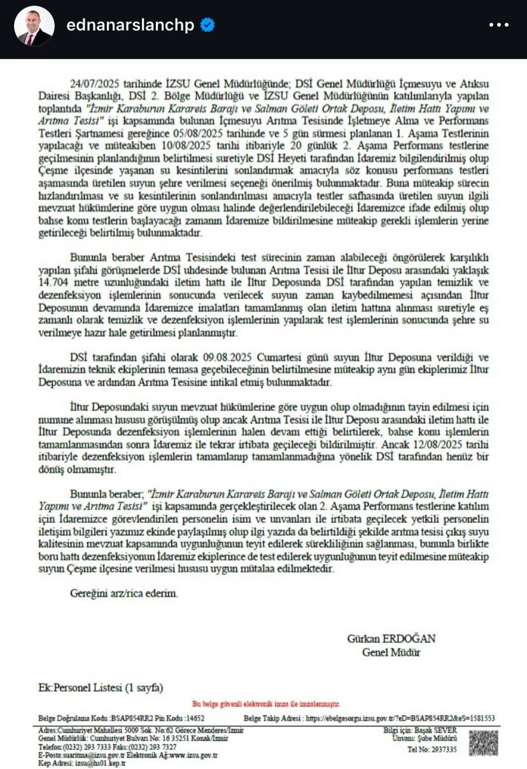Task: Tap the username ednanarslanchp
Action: [130, 25]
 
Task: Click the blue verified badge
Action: [208, 25]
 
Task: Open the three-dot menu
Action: [498, 25]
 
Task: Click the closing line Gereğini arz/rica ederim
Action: [124, 593]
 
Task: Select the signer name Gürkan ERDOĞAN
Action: [391, 639]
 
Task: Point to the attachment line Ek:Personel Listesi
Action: [101, 688]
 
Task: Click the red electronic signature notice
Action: [265, 704]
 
